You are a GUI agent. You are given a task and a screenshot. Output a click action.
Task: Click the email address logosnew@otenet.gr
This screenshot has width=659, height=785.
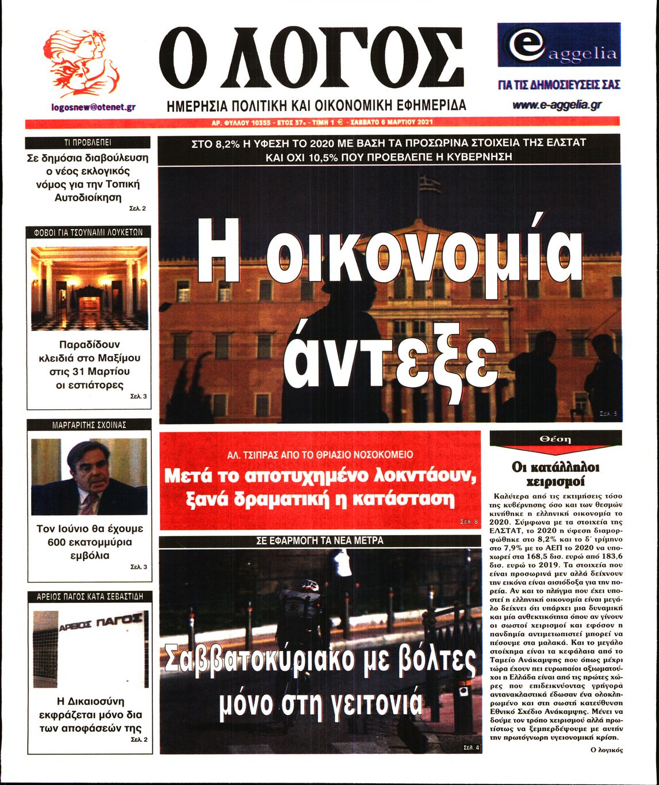(93, 107)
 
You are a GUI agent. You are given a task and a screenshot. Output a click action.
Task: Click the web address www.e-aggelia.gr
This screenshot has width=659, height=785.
(557, 105)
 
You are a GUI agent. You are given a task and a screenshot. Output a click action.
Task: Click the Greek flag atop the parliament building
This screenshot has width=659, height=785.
(429, 184)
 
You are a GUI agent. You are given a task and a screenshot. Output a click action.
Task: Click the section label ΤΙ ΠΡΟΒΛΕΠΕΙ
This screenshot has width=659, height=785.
(88, 143)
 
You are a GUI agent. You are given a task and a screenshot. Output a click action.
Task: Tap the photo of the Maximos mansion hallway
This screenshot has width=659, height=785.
(89, 288)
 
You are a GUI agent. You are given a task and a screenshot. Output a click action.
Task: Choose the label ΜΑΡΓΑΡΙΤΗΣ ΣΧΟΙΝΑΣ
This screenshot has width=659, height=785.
(89, 425)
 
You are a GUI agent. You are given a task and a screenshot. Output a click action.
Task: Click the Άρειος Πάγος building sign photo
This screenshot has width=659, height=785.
(89, 648)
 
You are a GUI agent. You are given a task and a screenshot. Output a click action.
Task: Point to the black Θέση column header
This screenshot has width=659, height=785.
(555, 438)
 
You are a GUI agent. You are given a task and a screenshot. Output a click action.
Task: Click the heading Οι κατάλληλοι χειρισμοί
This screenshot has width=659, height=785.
(555, 474)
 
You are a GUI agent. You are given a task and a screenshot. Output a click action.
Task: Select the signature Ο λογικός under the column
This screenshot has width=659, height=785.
(606, 749)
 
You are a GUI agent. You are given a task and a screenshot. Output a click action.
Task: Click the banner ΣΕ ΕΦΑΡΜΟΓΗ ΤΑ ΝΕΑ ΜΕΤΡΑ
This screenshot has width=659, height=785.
(320, 541)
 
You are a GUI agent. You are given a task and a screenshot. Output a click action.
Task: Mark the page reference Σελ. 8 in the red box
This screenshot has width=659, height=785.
(469, 522)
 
